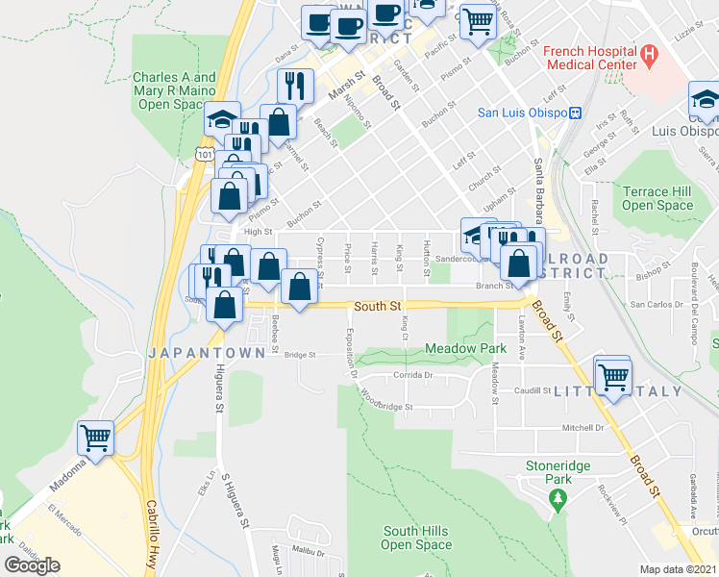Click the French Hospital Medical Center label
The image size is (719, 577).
tap(590, 58)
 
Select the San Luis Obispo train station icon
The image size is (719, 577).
tap(575, 113)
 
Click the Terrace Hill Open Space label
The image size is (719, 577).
tap(657, 198)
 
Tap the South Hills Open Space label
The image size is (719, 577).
tap(416, 538)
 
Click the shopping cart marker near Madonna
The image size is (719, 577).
tap(96, 439)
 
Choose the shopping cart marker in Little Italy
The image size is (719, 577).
tap(612, 373)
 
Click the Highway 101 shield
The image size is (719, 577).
tap(204, 153)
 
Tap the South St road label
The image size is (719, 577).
tap(376, 306)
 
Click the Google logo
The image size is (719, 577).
tap(33, 565)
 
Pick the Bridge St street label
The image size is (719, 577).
tap(300, 355)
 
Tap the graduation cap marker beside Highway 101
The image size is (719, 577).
tap(222, 119)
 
